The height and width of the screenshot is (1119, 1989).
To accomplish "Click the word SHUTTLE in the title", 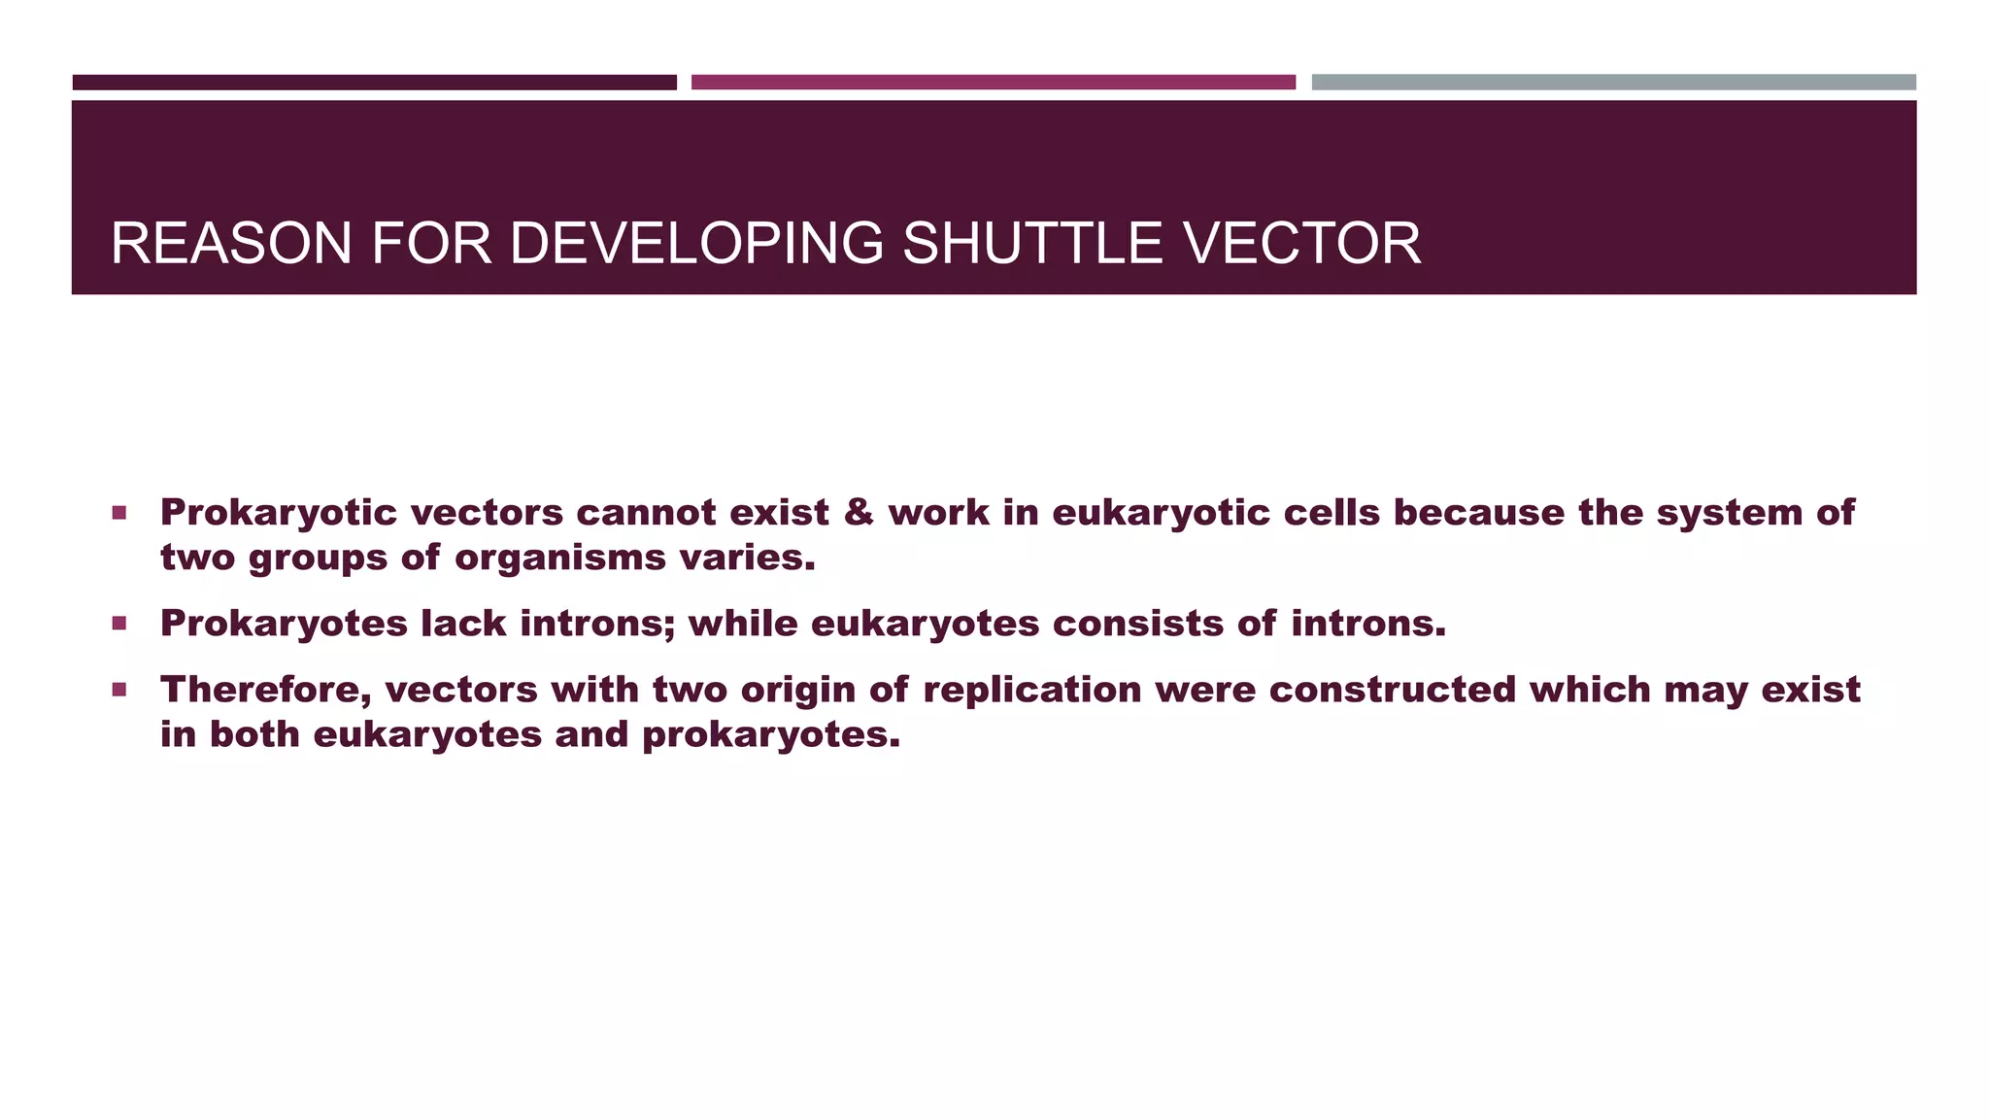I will tap(1031, 244).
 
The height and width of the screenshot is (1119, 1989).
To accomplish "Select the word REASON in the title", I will tap(231, 244).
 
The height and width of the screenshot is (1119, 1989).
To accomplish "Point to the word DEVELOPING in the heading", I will tap(696, 244).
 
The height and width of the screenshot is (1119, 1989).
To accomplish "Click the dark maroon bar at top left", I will tap(374, 83).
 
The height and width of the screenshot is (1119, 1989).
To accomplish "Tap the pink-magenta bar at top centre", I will tap(993, 83).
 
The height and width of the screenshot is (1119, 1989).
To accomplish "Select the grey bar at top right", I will tap(1613, 83).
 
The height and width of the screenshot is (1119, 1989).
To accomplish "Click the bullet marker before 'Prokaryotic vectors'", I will tap(119, 512).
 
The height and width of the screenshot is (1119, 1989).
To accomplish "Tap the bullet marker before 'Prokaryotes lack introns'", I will tap(119, 623).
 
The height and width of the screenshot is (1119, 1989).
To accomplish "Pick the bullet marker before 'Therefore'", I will tap(119, 690).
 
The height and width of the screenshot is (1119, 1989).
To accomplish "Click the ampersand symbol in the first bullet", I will tap(859, 512).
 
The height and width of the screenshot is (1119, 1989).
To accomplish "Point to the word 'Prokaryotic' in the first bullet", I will tap(279, 513).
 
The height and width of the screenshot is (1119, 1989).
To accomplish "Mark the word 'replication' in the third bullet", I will tap(1032, 690).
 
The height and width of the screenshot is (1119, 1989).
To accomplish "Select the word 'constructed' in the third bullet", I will tap(1392, 689).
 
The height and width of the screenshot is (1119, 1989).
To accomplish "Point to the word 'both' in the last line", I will tap(254, 734).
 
